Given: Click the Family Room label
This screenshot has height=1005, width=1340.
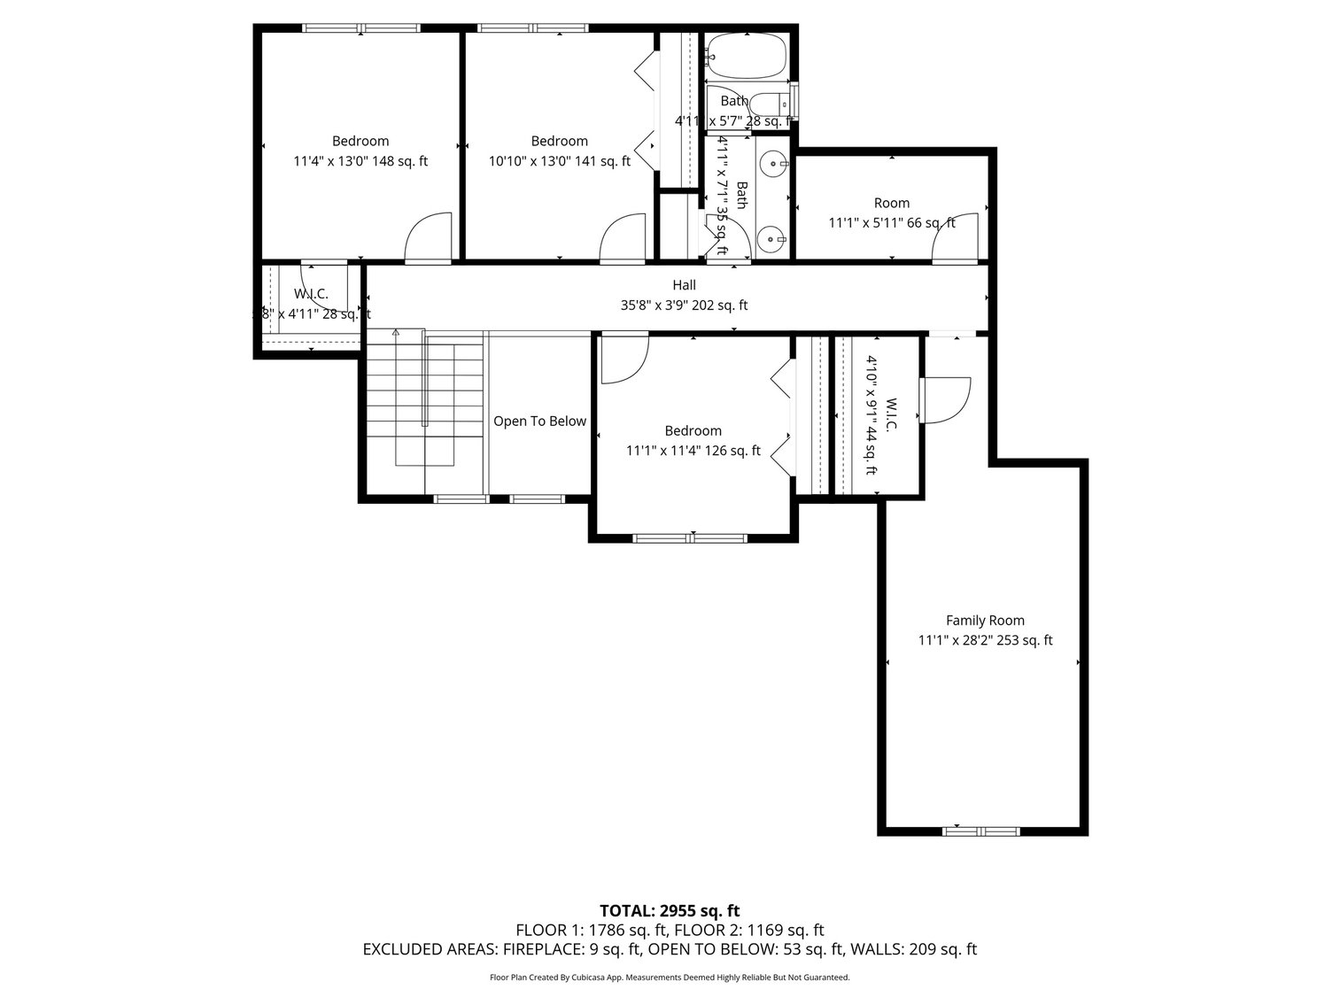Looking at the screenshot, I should click(x=985, y=621).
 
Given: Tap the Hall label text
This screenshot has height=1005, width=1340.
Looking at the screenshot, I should click(x=684, y=285).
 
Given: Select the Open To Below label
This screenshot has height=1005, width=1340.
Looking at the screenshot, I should click(x=539, y=421).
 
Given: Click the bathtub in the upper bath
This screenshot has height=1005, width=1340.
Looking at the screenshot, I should click(x=747, y=56).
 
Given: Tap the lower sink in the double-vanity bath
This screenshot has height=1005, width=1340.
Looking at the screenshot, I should click(x=773, y=239).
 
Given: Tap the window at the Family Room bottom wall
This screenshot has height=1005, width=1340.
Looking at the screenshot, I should click(x=980, y=831).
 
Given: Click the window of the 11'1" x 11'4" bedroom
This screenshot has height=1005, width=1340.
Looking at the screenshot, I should click(x=690, y=537).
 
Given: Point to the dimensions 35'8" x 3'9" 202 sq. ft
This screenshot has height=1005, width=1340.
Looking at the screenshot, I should click(x=684, y=305).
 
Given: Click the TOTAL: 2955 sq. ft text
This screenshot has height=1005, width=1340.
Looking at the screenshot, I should click(x=670, y=910).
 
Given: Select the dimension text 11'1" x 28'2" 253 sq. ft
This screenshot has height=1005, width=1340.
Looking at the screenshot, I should click(x=985, y=640).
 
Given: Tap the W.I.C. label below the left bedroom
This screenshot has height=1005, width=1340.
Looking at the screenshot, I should click(x=311, y=294).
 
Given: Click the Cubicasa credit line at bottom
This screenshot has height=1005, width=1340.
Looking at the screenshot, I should click(x=670, y=978).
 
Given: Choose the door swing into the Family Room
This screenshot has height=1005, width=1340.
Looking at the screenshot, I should click(x=943, y=399).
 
